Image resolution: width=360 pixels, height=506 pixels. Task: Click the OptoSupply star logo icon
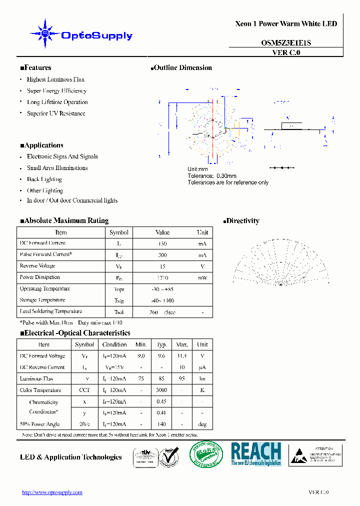pyautogui.click(x=45, y=34)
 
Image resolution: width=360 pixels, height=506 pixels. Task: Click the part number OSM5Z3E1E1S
pyautogui.click(x=286, y=43)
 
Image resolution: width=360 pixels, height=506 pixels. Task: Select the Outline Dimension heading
pyautogui.click(x=181, y=68)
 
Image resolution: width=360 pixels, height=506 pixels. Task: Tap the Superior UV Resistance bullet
pyautogui.click(x=56, y=113)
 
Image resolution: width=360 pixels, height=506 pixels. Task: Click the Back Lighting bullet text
pyautogui.click(x=44, y=179)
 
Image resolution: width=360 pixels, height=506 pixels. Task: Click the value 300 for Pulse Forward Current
pyautogui.click(x=162, y=255)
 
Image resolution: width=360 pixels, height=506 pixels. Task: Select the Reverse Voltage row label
pyautogui.click(x=37, y=266)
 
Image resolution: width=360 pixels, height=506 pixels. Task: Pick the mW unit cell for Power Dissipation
pyautogui.click(x=202, y=278)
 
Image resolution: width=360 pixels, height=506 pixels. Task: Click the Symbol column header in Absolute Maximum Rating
pyautogui.click(x=119, y=232)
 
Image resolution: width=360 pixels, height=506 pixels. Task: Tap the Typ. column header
pyautogui.click(x=161, y=344)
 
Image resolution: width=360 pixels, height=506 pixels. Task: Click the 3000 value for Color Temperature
pyautogui.click(x=161, y=390)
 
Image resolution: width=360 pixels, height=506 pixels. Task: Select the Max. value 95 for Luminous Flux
pyautogui.click(x=182, y=379)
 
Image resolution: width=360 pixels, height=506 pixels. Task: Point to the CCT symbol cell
pyautogui.click(x=84, y=390)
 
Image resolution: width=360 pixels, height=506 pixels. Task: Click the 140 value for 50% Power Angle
pyautogui.click(x=161, y=424)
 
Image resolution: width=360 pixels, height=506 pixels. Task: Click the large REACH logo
pyautogui.click(x=256, y=454)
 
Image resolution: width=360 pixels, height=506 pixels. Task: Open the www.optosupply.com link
pyautogui.click(x=52, y=492)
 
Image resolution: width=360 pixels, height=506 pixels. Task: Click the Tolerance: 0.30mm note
pyautogui.click(x=212, y=176)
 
